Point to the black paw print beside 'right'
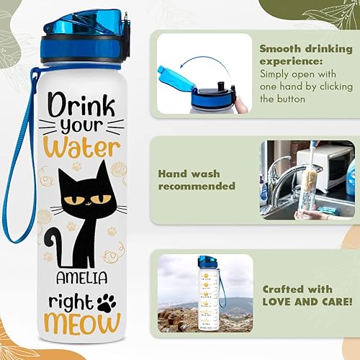point(107,303)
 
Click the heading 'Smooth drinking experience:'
point(306,55)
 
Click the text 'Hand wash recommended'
point(197,179)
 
